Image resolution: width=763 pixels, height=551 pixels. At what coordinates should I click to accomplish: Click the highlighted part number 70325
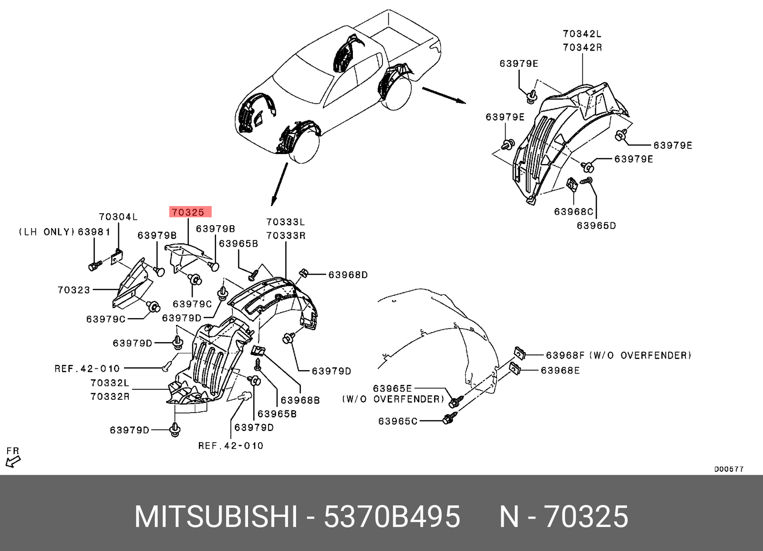click(189, 212)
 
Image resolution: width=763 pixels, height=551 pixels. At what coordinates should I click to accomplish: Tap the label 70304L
click(118, 217)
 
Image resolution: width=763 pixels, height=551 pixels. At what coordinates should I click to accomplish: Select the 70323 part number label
click(73, 290)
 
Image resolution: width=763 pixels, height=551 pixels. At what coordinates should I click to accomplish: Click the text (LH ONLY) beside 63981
click(47, 232)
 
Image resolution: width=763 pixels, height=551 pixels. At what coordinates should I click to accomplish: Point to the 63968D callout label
click(348, 275)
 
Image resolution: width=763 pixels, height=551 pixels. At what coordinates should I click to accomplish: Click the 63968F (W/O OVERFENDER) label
click(618, 355)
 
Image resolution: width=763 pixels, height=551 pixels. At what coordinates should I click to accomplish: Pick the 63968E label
click(560, 371)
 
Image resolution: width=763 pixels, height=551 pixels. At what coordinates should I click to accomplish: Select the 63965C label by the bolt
click(398, 421)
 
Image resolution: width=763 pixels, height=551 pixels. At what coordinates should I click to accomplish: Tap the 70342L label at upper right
click(582, 34)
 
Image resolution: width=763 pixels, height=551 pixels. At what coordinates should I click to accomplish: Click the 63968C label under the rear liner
click(573, 211)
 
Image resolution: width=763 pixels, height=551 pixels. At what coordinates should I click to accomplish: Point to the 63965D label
click(596, 226)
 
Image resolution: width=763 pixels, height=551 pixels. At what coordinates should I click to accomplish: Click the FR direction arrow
click(13, 461)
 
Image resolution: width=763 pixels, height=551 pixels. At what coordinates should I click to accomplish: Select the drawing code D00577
click(728, 469)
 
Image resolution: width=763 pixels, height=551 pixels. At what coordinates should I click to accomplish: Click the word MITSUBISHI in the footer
click(216, 517)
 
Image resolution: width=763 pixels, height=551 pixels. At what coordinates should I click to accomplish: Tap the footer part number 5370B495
click(392, 517)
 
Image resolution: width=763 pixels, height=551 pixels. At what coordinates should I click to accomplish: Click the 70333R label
click(286, 236)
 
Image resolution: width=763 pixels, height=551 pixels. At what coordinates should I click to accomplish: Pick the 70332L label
click(110, 383)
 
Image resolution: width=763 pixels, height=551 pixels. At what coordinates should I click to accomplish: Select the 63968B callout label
click(300, 400)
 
